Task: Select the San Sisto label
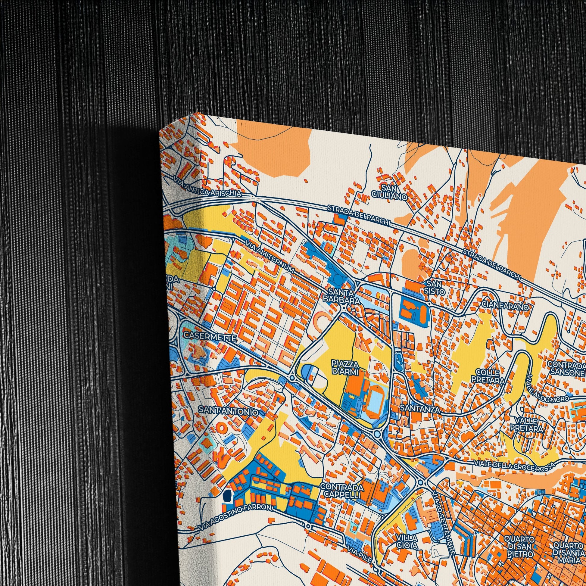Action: pyautogui.click(x=435, y=288)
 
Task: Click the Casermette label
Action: pyautogui.click(x=210, y=337)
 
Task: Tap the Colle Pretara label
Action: pyautogui.click(x=488, y=376)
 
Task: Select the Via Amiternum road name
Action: pyautogui.click(x=270, y=257)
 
